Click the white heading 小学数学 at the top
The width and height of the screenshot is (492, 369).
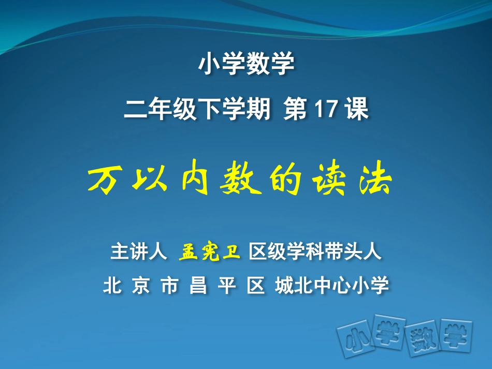246,65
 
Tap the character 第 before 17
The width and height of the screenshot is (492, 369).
295,110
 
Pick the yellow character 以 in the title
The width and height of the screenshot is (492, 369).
144,181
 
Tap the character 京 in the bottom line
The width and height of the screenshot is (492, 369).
140,286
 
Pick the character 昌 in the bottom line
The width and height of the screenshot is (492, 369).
198,286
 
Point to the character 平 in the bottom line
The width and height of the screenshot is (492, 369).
227,286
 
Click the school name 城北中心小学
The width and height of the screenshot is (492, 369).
332,286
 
